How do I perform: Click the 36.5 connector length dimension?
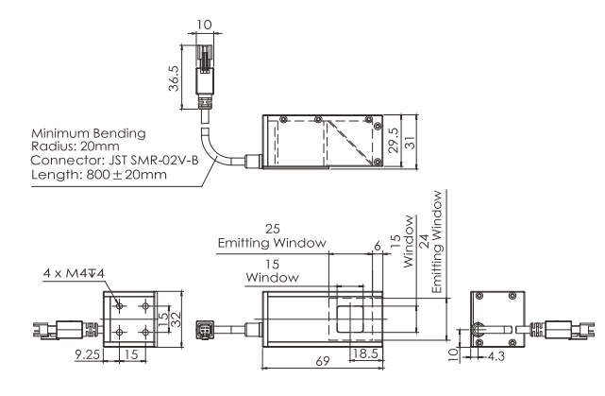174,78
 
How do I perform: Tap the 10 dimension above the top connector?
204,25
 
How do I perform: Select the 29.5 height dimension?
394,140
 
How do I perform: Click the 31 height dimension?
411,143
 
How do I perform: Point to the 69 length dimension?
323,361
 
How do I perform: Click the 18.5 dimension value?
365,353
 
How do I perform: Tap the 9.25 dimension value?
87,353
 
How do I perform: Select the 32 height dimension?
176,319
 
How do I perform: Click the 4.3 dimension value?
496,356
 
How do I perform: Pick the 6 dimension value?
378,246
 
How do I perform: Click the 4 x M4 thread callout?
74,273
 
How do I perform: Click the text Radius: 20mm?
75,146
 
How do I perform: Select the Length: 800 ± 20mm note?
99,175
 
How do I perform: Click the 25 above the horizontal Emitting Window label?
273,229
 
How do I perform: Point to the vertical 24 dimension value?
424,241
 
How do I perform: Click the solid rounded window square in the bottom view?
349,319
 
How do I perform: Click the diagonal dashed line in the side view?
350,143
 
